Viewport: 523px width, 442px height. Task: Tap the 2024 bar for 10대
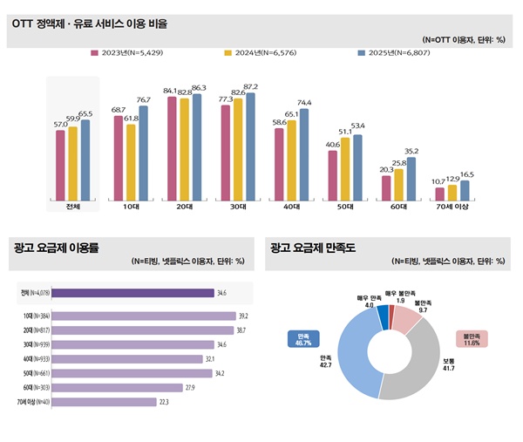point(131,162)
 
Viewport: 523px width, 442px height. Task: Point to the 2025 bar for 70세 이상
point(465,190)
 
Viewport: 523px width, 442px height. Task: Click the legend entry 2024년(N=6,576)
point(264,53)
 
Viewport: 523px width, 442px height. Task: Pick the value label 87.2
point(251,86)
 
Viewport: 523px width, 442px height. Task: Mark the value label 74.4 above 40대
point(304,102)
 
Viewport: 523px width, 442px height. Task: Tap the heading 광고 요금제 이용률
point(57,247)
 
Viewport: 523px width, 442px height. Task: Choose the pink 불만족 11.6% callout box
point(473,338)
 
